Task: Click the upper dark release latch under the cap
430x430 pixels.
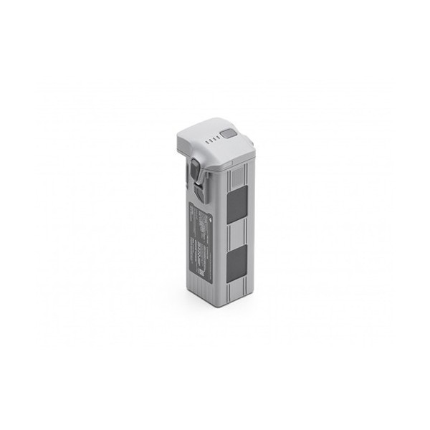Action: coord(195,172)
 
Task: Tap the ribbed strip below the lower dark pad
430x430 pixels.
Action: coord(236,285)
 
